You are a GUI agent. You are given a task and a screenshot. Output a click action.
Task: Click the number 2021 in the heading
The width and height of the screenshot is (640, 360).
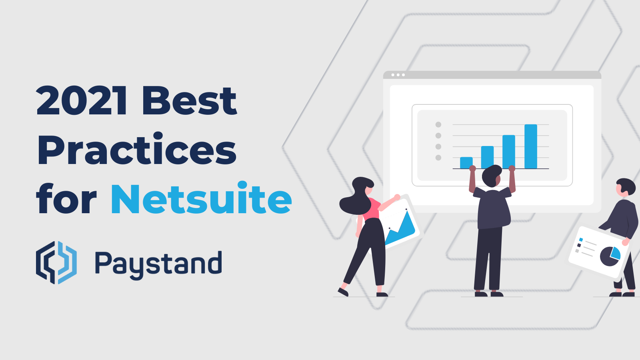[82, 101]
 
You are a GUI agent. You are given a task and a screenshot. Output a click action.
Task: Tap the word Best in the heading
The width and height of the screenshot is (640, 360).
[189, 101]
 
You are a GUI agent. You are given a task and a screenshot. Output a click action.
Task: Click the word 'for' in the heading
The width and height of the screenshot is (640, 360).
[66, 199]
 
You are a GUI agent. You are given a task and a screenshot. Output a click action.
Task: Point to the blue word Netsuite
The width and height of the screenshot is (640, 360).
[201, 199]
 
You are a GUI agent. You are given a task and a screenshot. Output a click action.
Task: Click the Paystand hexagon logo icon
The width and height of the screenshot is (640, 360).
[56, 262]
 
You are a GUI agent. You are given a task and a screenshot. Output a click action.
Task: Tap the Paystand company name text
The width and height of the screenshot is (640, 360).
[158, 264]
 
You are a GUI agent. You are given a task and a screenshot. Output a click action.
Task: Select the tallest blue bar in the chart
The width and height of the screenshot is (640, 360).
[530, 146]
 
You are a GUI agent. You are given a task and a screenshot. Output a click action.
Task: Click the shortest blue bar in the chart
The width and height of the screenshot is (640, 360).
[466, 162]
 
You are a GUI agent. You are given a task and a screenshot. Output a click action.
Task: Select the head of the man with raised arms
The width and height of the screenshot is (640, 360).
[492, 176]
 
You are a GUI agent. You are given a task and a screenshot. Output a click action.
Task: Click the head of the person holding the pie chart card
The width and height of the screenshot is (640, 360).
[625, 187]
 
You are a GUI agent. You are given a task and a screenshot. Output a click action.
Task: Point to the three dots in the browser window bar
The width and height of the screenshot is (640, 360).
[398, 75]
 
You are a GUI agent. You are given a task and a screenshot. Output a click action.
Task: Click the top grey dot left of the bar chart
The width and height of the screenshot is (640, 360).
[438, 124]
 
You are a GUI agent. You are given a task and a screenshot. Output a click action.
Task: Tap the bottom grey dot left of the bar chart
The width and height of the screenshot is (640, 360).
[438, 158]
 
